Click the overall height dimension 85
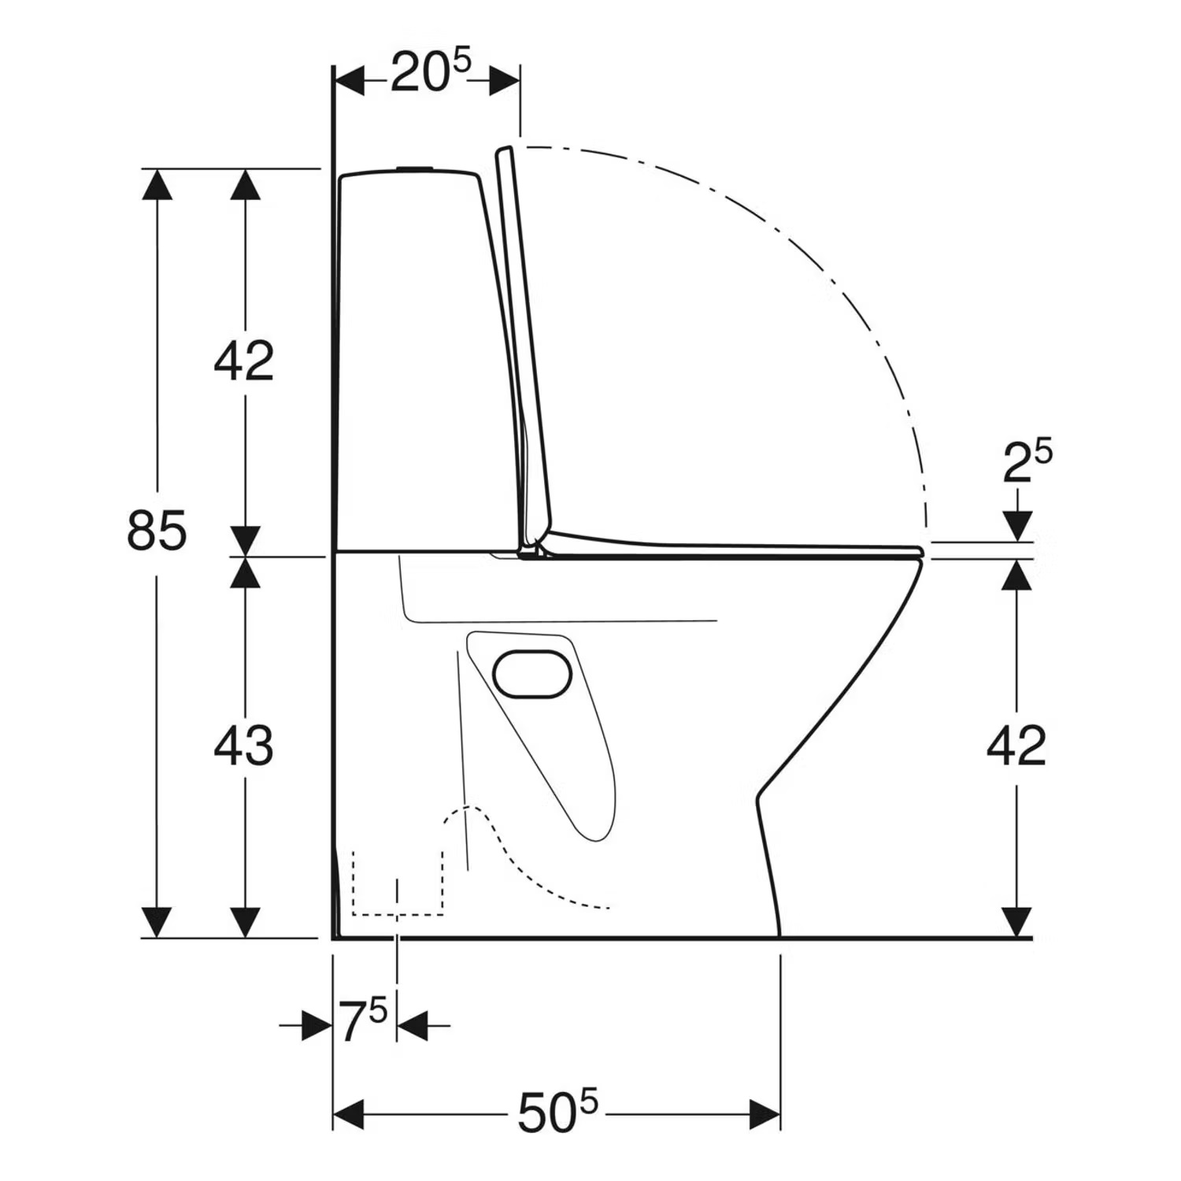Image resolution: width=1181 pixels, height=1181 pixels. click(x=157, y=530)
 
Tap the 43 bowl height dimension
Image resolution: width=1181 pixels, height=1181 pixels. click(x=243, y=745)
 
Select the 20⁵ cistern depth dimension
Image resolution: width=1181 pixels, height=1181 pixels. click(x=430, y=72)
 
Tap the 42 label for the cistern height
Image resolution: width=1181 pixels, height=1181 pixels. click(x=243, y=361)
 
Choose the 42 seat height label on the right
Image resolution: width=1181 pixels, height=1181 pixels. click(x=1016, y=746)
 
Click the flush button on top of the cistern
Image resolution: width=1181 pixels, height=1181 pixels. click(x=415, y=168)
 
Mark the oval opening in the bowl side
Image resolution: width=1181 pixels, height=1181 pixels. click(x=533, y=675)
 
